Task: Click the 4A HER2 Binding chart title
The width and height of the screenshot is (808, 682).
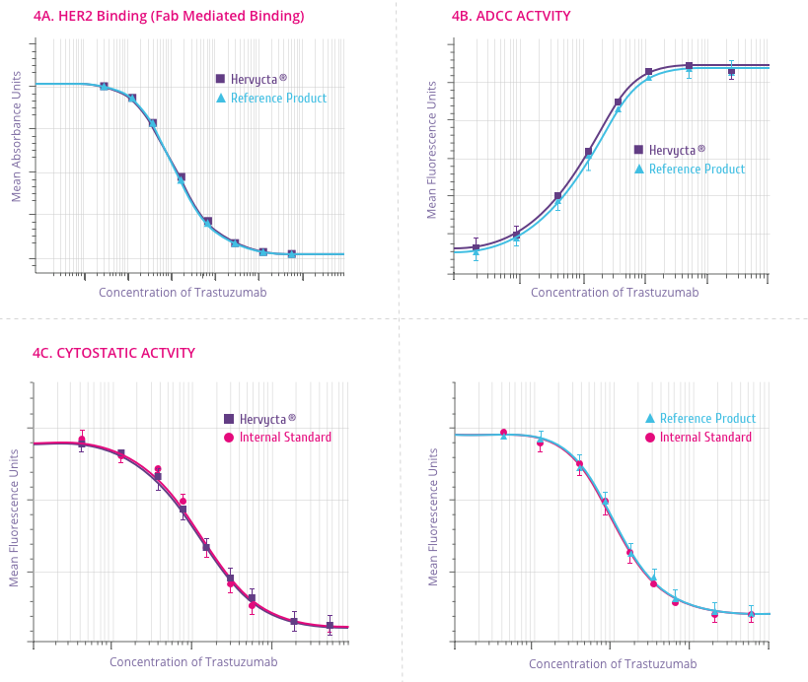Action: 168,16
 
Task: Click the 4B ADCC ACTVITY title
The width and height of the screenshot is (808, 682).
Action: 510,16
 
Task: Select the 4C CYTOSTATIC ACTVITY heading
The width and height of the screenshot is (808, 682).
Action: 113,353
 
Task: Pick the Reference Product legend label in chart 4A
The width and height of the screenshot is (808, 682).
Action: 278,99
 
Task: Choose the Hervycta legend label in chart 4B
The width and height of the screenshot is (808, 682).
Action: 677,150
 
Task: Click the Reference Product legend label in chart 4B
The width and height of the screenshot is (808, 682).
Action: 697,170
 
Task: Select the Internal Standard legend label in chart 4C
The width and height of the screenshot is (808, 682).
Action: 285,438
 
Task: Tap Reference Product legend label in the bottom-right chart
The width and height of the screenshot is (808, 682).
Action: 707,419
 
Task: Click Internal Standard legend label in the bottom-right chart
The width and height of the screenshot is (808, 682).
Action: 705,438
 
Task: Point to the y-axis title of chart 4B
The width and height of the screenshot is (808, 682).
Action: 431,150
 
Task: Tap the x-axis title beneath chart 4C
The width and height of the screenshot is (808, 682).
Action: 193,662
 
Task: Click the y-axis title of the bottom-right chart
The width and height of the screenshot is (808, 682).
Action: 434,517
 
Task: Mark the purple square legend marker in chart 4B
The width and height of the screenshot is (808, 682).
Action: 638,150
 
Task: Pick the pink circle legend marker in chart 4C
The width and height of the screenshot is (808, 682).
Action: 229,438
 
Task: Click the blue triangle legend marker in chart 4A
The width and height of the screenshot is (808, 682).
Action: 221,99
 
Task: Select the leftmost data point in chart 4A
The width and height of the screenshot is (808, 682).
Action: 104,87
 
